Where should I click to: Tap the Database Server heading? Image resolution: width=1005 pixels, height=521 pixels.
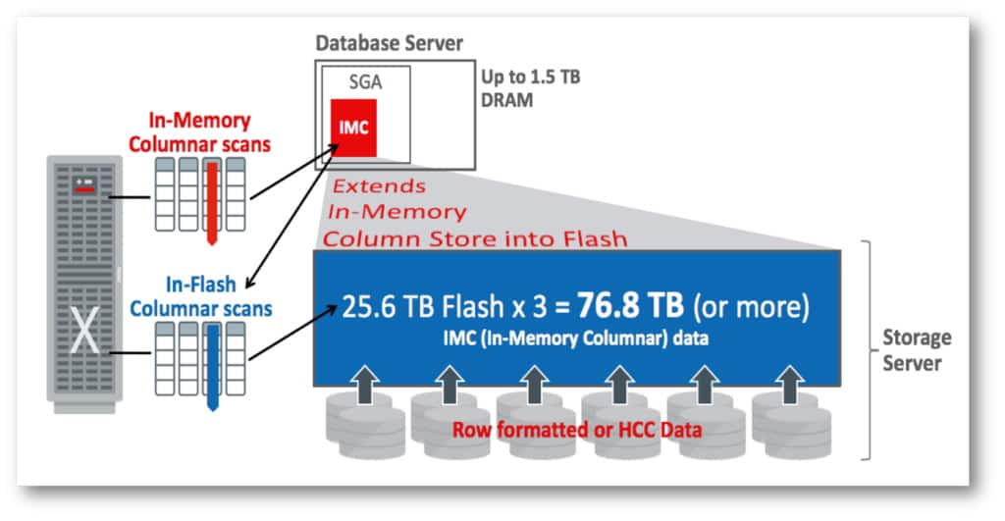389,44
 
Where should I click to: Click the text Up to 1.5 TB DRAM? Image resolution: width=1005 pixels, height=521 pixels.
529,88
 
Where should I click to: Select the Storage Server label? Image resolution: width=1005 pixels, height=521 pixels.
914,350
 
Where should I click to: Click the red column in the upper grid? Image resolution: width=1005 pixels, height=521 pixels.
209,196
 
